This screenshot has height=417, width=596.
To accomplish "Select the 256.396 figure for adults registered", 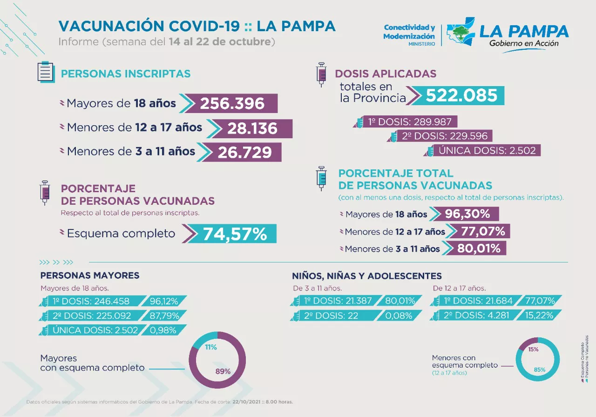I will point(232,103).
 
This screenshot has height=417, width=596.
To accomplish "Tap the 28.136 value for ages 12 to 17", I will point(252,128).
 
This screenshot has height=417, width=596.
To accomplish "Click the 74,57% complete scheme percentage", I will point(235,234).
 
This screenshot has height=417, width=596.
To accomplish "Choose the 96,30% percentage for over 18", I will point(467,214).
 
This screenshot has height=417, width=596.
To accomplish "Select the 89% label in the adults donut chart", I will point(223,371).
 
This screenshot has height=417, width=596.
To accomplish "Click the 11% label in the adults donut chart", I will point(211,347).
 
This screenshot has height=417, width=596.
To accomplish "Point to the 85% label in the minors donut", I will point(540,370).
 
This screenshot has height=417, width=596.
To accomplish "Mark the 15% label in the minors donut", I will point(533,349).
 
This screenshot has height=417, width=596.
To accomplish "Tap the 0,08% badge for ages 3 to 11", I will point(399,316).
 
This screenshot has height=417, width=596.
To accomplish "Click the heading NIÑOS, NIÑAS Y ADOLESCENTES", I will point(367,276).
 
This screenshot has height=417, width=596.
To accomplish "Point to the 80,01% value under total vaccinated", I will point(478,249).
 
